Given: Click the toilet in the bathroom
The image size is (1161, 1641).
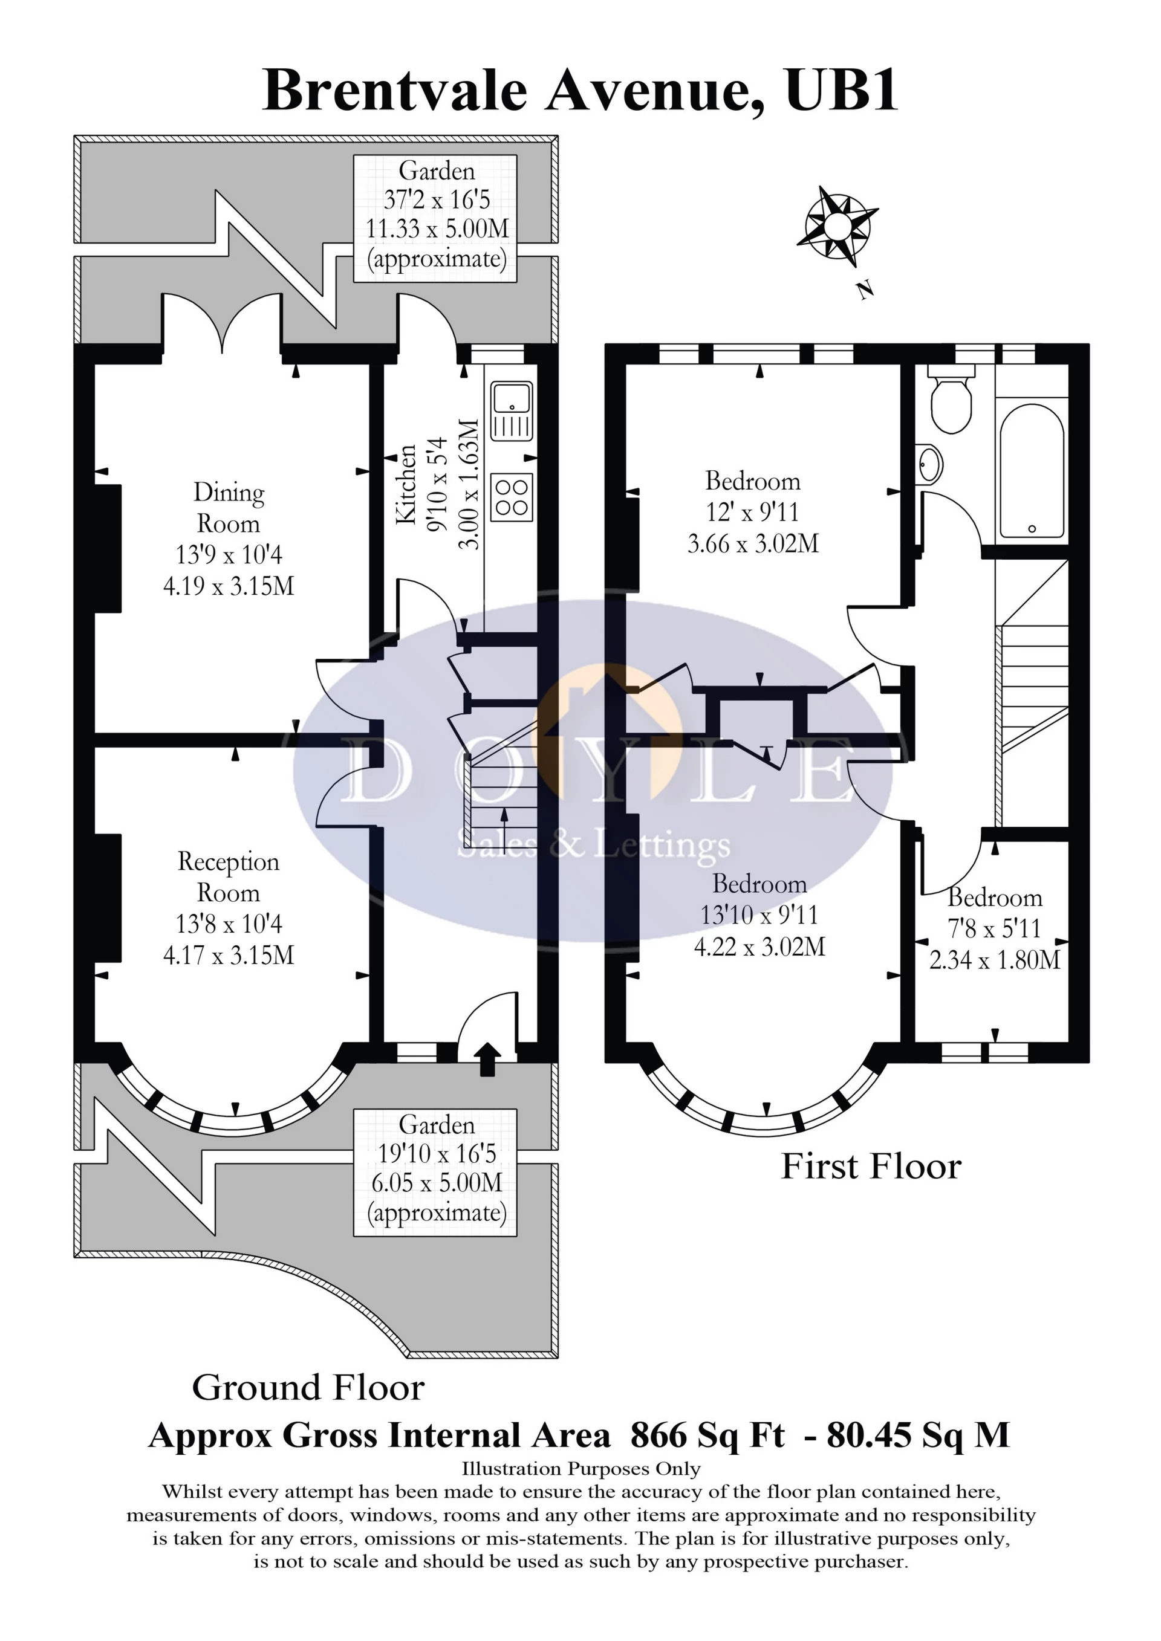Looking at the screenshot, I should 952,403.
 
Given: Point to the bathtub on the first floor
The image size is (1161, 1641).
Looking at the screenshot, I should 1032,471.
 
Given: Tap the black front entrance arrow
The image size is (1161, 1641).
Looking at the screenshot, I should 487,1058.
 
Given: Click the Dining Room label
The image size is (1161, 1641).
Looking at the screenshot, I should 229,508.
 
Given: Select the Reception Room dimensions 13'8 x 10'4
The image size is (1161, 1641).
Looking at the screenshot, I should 229,924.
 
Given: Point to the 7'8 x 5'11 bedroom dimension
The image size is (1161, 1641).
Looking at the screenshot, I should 994,928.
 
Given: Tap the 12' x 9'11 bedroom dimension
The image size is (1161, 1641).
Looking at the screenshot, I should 753,512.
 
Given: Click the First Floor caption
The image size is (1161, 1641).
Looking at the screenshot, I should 871,1167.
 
